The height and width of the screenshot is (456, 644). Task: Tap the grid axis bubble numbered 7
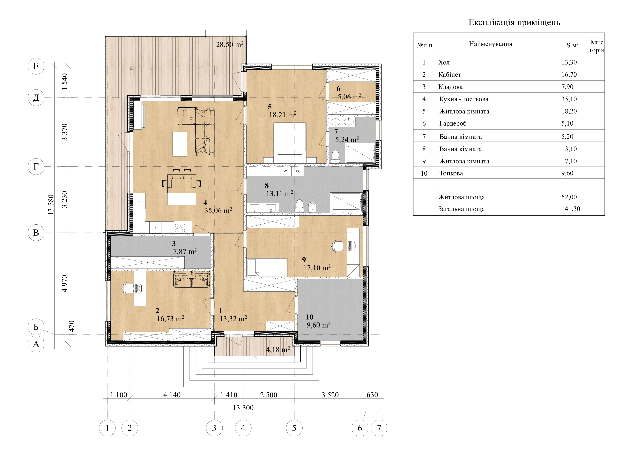(379, 428)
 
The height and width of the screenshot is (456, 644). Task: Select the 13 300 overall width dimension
(243, 407)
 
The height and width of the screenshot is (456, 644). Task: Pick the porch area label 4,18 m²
(278, 349)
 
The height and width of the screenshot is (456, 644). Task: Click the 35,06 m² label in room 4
(218, 210)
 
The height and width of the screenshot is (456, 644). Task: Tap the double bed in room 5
(290, 143)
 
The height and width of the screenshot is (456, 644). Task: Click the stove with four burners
(180, 228)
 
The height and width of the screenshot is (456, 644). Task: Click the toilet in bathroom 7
(335, 156)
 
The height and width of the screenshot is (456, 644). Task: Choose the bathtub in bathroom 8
(346, 202)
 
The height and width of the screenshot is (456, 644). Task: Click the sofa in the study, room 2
(192, 279)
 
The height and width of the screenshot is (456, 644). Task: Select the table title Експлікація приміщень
(514, 22)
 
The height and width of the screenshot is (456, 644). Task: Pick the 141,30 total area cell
(571, 209)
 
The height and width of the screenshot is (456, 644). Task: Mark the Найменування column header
(491, 44)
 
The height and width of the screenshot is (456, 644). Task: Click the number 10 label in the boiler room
(309, 317)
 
